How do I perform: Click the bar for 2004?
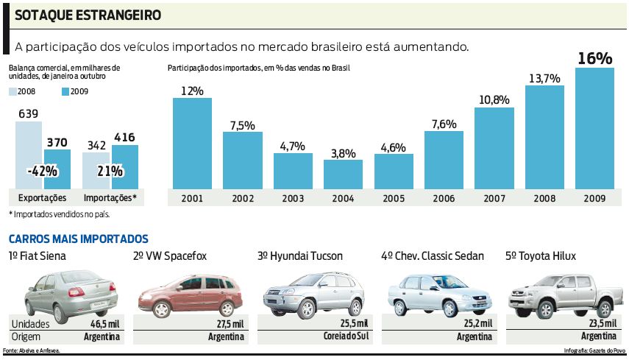[x=343, y=174]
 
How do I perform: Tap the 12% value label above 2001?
[x=192, y=91]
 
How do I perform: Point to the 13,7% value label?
[x=544, y=78]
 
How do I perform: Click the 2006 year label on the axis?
[x=444, y=198]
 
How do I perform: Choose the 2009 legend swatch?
[x=65, y=92]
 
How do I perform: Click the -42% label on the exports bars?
[x=43, y=172]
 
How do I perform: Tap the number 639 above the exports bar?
[x=28, y=114]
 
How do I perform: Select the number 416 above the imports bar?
[x=124, y=137]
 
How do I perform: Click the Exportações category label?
[x=43, y=198]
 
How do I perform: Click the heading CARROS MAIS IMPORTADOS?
[x=78, y=239]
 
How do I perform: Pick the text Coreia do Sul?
[x=344, y=336]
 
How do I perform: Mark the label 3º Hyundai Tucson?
[x=300, y=256]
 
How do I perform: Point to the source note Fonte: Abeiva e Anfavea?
[x=31, y=350]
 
